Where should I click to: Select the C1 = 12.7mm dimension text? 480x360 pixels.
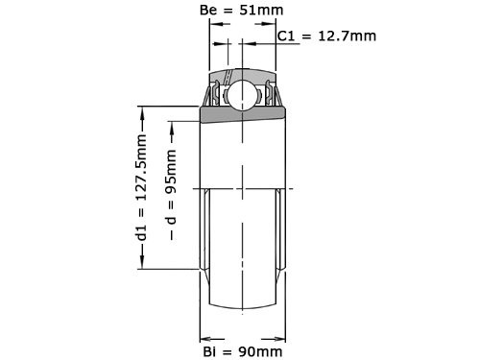pos(326,36)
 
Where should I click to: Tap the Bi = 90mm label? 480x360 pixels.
pos(243,352)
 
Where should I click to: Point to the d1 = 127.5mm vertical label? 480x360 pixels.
pos(141,187)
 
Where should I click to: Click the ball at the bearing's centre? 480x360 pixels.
pos(243,95)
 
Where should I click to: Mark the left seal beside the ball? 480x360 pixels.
pos(212,97)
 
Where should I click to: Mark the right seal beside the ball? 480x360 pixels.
pos(273,97)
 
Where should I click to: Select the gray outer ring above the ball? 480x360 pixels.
pos(243,75)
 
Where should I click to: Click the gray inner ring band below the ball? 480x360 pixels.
pos(243,115)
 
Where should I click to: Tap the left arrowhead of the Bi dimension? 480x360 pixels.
pos(204,338)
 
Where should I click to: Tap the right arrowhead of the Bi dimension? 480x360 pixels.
pos(281,338)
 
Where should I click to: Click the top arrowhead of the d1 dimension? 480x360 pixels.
pos(141,109)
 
